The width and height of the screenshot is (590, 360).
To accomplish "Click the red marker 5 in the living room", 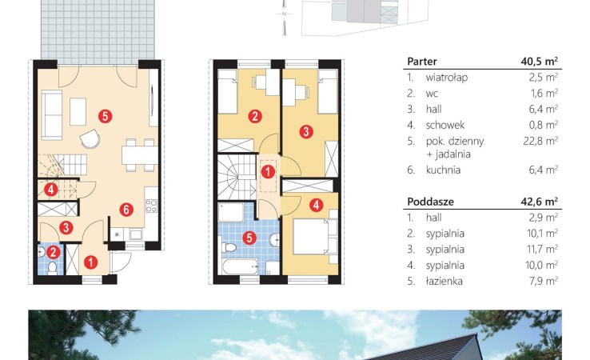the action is point(106,116).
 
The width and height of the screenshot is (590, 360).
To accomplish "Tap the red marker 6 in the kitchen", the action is point(126,210).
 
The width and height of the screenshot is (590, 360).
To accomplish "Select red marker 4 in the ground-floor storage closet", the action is point(51,190).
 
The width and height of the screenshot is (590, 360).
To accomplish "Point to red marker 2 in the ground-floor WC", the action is point(53,252).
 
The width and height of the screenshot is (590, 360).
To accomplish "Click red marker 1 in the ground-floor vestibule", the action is point(90,262).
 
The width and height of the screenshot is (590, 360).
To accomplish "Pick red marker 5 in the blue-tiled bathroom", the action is point(249,238).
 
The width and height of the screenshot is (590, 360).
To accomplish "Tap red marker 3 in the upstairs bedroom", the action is point(306,132).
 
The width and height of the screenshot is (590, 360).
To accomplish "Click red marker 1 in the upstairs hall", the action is point(268,172).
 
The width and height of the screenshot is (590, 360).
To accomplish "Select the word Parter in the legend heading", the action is point(422,62).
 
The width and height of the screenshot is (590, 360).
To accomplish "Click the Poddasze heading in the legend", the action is point(430,202).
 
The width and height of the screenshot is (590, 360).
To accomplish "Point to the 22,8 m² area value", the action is point(540,141).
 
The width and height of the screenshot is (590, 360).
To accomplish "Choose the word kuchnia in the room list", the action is point(443,170).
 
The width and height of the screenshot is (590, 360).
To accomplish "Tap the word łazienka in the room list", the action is point(444,282).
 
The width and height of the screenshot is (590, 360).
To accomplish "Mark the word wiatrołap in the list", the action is point(447,78).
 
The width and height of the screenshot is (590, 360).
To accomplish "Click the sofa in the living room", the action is point(52,115).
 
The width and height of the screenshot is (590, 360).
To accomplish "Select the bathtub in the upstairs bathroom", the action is point(240,266).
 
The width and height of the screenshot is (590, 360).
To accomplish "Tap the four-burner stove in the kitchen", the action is point(151,206).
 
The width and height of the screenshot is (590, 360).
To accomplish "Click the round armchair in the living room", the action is point(90,138).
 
